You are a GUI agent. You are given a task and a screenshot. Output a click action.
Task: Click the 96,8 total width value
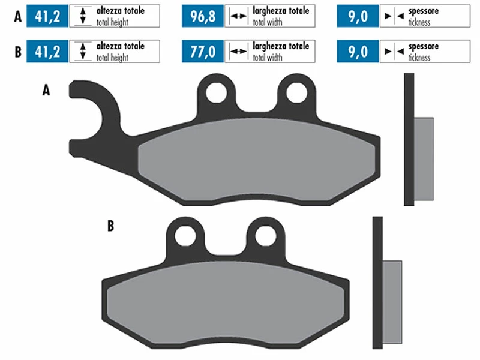click(x=203, y=16)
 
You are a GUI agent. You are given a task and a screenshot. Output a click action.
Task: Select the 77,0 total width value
click(x=203, y=52)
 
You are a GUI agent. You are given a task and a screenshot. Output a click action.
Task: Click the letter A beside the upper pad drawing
click(x=46, y=91)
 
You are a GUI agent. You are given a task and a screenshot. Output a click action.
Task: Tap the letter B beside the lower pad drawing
click(x=110, y=227)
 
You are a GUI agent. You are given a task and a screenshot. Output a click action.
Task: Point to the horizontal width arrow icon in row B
click(x=238, y=52)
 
